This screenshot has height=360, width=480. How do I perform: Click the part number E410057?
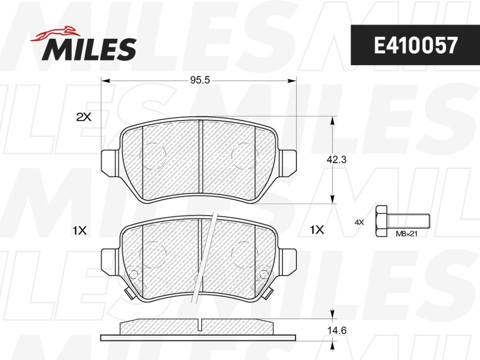pyautogui.click(x=416, y=45)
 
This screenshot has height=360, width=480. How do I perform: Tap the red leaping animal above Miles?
pyautogui.click(x=54, y=33)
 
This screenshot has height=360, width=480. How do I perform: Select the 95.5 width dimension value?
pyautogui.click(x=200, y=80)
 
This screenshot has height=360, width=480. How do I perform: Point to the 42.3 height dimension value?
pyautogui.click(x=337, y=159)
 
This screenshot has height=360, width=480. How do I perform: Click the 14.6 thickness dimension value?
pyautogui.click(x=337, y=331)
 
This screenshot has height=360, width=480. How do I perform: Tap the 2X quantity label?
pyautogui.click(x=84, y=116)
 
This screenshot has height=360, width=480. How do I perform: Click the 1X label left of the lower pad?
pyautogui.click(x=79, y=230)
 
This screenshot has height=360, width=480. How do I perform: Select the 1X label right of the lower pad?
pyautogui.click(x=317, y=230)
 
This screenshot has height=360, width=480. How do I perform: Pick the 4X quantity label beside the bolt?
pyautogui.click(x=359, y=222)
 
